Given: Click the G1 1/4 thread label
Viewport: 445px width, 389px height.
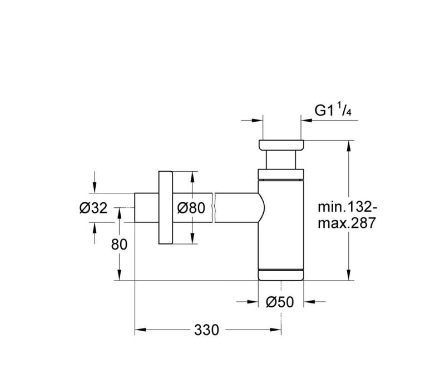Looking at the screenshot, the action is pos(333,110).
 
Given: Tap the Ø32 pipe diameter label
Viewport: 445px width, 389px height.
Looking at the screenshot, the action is pos(93,208).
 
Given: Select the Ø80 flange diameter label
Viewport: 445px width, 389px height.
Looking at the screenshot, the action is pos(191,208).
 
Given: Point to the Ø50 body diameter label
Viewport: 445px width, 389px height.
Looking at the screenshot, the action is pos(280,302).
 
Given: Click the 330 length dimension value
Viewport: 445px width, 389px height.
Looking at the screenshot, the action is pos(206,330).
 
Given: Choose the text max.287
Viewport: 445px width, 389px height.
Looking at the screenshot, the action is pos(347,223).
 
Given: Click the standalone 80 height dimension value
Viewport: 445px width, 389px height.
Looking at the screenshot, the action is pos(119,245).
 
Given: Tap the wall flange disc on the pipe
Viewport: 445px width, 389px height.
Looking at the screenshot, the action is pos(165,207).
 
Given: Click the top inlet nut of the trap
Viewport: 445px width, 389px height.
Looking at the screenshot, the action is pos(281,144).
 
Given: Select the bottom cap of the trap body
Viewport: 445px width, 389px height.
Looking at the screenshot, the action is pos(281,275).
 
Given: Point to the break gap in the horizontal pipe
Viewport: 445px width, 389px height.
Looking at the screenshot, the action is pos(214,208).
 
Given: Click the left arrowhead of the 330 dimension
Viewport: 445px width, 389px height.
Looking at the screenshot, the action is pos(140,330).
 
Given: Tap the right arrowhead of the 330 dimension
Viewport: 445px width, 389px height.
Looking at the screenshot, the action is pos(275,330).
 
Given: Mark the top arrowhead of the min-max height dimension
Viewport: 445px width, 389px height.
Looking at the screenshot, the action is pos(349,146).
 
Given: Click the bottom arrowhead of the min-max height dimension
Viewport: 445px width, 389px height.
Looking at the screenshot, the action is pos(349,275).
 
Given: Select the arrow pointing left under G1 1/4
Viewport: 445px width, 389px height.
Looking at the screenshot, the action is pos(329,121).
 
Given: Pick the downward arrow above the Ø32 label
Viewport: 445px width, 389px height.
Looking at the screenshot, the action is pos(95,182).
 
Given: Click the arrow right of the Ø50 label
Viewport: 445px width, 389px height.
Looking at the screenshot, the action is pos(315,302).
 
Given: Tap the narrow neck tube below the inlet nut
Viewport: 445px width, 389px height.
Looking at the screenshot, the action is pos(281,159).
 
